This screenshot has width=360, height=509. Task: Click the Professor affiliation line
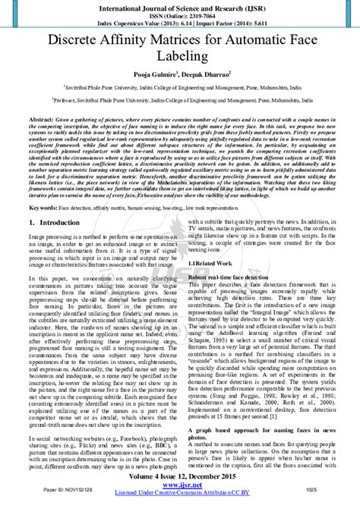(180, 100)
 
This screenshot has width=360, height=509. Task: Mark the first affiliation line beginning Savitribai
(180, 88)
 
